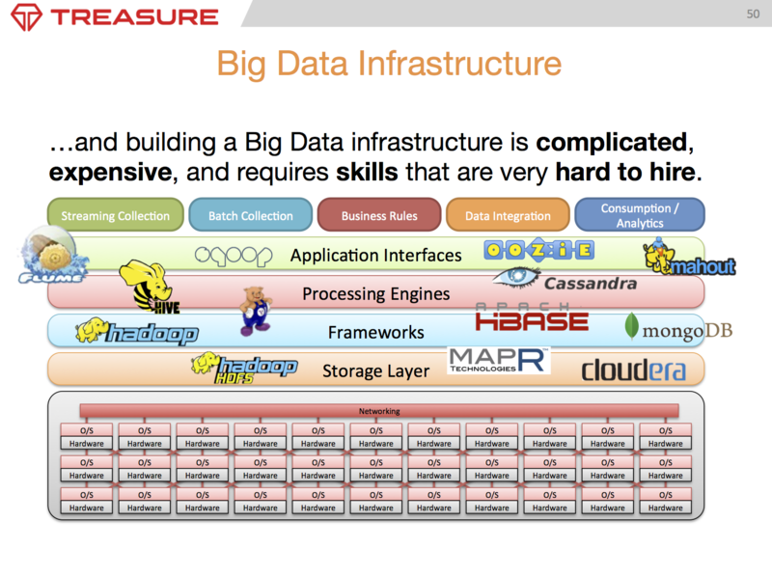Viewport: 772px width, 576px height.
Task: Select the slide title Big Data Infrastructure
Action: [388, 64]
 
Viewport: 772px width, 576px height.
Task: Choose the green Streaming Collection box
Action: [115, 215]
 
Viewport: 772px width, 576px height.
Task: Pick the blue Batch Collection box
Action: [250, 215]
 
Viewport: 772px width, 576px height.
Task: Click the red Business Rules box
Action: [379, 215]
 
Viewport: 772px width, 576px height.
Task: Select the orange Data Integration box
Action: [508, 215]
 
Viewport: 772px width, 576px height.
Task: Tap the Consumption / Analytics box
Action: [639, 215]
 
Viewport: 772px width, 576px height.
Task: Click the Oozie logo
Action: [525, 253]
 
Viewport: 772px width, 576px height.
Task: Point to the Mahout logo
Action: [689, 258]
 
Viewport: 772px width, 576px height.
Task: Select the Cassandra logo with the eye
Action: [565, 282]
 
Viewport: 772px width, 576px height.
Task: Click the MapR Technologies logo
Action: [499, 361]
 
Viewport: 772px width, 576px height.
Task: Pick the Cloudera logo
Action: [633, 370]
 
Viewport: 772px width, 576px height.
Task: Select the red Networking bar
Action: [379, 410]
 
